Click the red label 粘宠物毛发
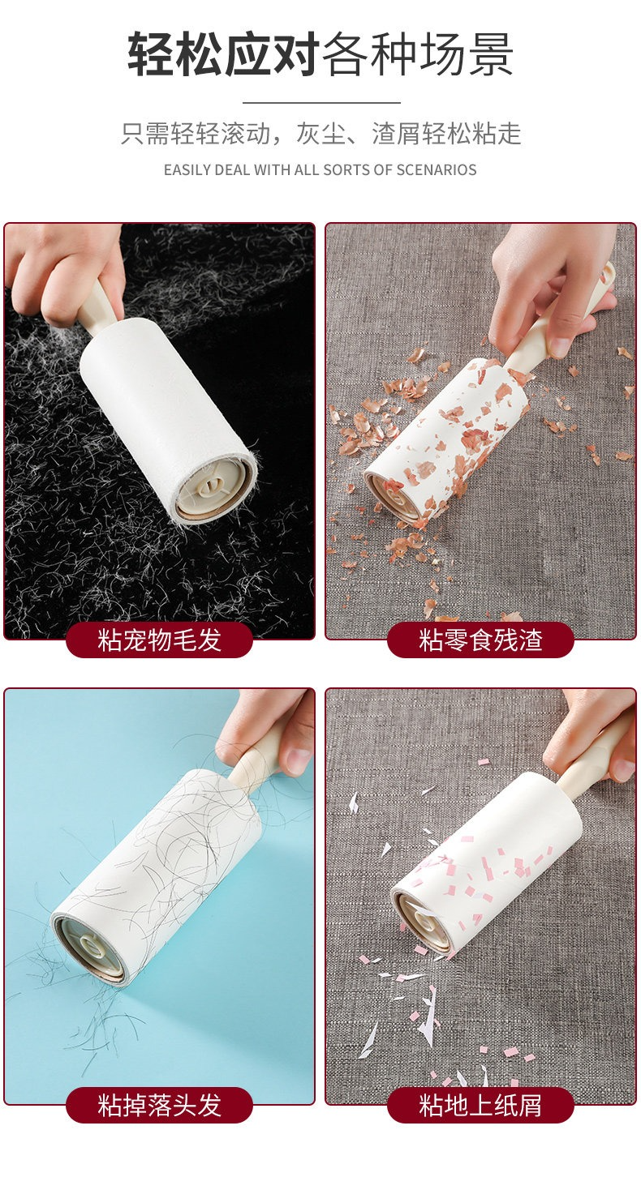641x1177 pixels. coord(159,640)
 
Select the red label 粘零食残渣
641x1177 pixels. coord(480,640)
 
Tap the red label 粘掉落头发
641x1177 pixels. coord(159,1105)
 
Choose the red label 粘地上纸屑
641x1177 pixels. coord(480,1105)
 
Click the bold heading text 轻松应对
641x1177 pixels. coord(223,54)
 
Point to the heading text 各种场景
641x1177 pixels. coord(417,54)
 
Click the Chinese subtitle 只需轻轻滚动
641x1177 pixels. coord(196,134)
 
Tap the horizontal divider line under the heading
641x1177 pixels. coord(321,103)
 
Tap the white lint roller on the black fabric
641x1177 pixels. coord(167,421)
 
